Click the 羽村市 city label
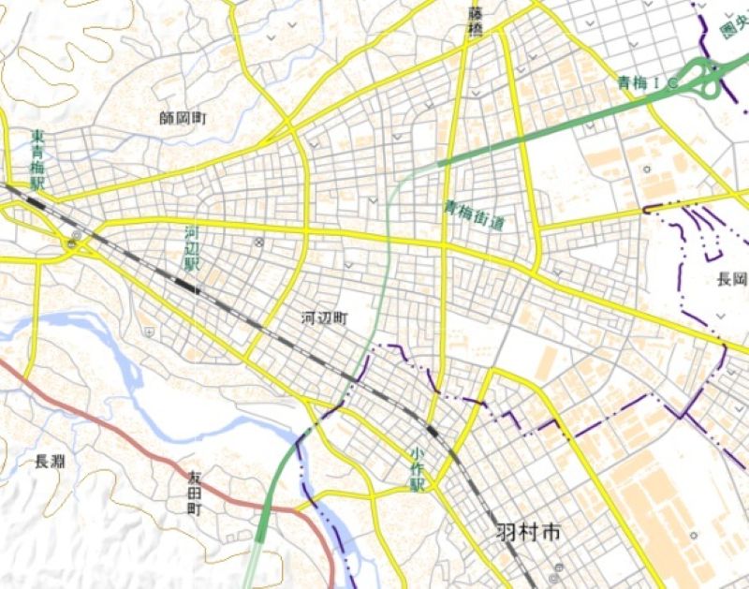pyautogui.click(x=529, y=534)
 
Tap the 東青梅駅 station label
pyautogui.click(x=38, y=160)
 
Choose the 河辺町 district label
pyautogui.click(x=324, y=318)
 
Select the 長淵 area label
pyautogui.click(x=50, y=461)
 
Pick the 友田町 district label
pyautogui.click(x=194, y=495)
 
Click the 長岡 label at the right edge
pyautogui.click(x=732, y=279)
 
